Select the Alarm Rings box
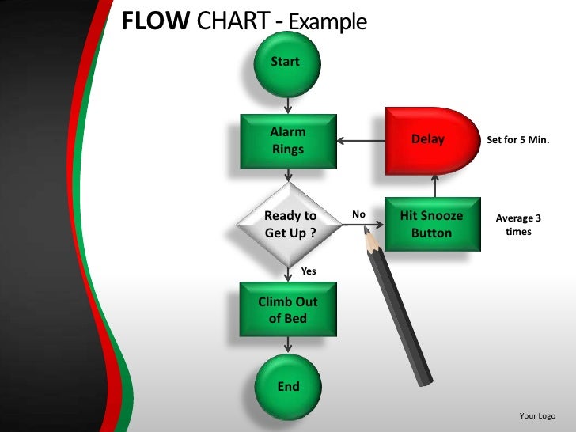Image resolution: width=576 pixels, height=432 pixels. coord(287,141)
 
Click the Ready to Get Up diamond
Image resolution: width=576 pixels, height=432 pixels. coord(290,225)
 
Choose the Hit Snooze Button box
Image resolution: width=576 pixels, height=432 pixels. coord(432,225)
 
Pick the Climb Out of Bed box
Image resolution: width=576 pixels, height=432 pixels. coord(287,309)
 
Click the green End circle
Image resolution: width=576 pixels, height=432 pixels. coord(288,386)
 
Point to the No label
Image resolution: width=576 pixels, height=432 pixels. coord(358,214)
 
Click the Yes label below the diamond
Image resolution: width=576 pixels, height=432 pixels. coord(309,271)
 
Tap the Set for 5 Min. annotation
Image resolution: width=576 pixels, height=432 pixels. coord(518,140)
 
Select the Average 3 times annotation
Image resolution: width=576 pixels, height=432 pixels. coord(518,225)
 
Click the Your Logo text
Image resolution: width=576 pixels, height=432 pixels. coord(537,416)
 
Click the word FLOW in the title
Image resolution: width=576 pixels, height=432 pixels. coord(155,21)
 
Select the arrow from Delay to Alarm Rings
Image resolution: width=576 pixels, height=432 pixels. coord(360,142)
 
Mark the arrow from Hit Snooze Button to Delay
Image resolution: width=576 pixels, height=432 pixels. coord(434,185)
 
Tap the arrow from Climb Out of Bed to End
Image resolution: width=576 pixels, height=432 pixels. coord(288,345)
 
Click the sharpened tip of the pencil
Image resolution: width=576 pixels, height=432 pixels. coord(366,230)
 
